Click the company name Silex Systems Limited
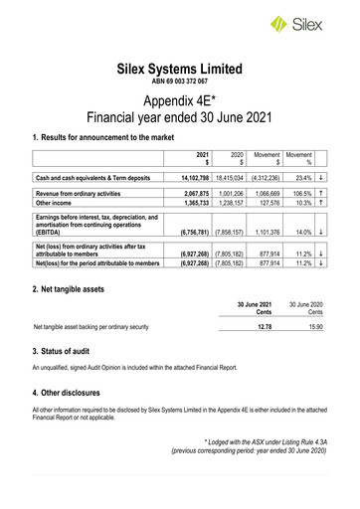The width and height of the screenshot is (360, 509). tap(180, 70)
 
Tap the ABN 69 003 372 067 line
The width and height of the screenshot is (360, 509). tap(180, 84)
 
